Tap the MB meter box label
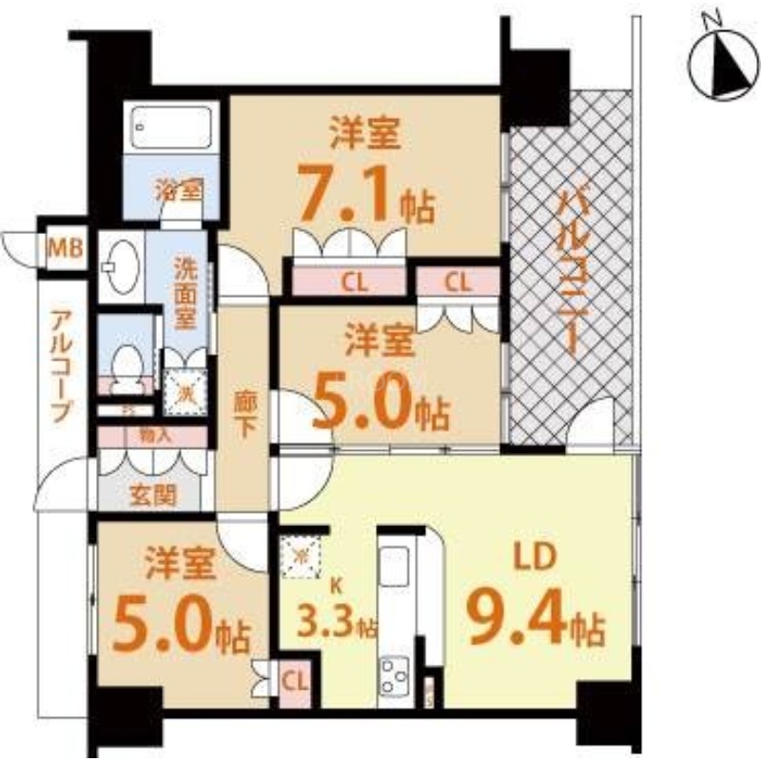point(65,250)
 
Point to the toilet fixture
point(125,362)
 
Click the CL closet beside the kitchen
point(294,681)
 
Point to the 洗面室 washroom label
point(185,293)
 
